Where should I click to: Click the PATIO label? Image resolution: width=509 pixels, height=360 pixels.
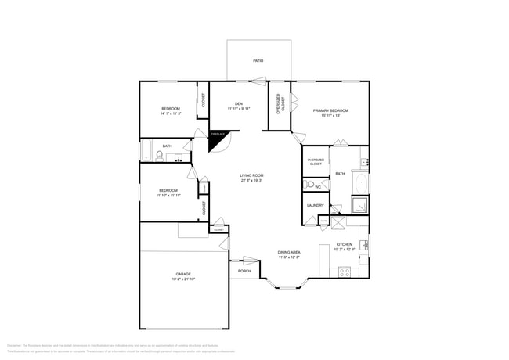coord(258,60)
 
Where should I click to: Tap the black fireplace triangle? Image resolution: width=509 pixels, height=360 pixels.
coord(216,139)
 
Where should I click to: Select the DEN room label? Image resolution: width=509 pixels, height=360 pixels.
coord(238,103)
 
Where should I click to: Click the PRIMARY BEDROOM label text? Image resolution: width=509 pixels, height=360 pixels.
coord(330,110)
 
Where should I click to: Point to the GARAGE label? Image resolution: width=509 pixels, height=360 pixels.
coord(183,274)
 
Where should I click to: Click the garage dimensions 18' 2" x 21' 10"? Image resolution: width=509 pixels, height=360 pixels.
coord(183,279)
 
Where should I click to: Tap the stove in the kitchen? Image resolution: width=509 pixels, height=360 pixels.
coord(344,272)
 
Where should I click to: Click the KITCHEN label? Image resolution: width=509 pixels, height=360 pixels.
coord(345,244)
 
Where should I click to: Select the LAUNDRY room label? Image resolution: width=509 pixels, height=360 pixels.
coord(316,206)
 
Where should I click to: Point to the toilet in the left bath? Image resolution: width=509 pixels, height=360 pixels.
coord(160,157)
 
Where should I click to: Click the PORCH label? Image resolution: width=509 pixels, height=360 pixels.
coord(244,271)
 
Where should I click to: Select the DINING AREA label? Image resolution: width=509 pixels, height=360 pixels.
coord(289,252)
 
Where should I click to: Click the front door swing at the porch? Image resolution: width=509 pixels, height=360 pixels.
coord(250,260)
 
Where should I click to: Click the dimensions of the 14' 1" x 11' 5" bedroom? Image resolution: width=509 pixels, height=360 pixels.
coord(171,113)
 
